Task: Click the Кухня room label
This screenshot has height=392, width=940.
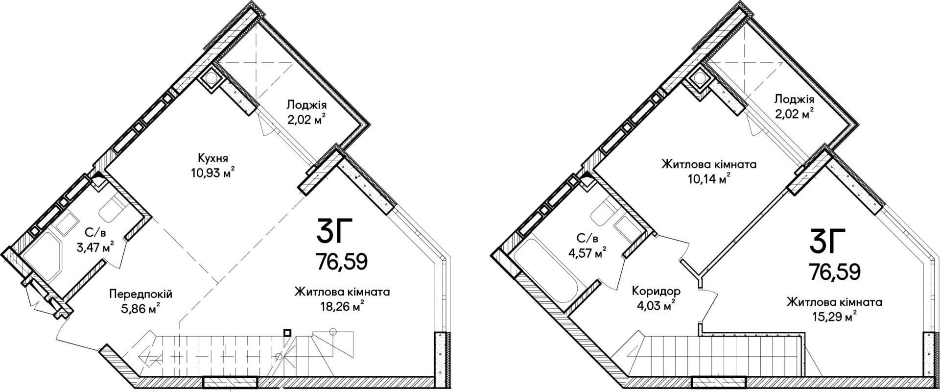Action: click(212, 158)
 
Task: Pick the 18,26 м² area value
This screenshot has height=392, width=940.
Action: click(342, 307)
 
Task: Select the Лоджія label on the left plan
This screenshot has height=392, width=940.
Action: click(306, 104)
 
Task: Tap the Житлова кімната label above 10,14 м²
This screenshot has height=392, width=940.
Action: click(708, 164)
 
